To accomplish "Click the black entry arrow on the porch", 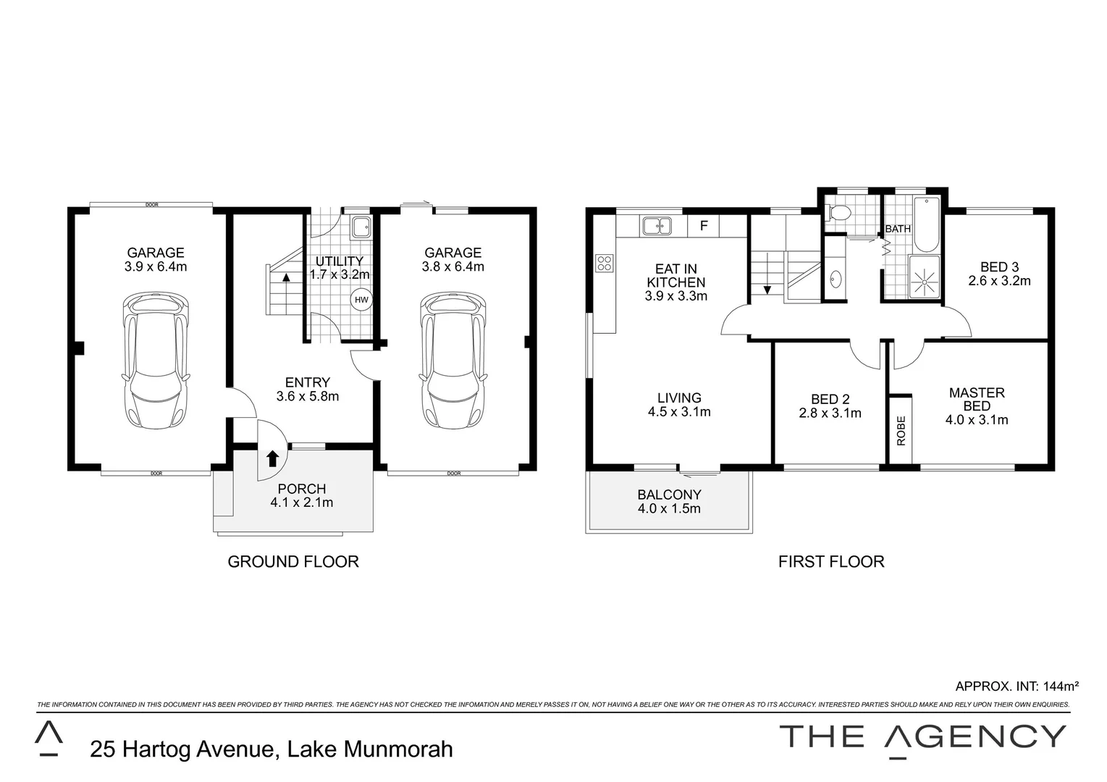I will coord(273,458).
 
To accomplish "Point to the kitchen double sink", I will coord(657,226).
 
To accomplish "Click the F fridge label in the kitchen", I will coord(703,226).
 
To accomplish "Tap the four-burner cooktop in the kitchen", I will coord(604,264).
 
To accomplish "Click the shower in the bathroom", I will coord(923,277).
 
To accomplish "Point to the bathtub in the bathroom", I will coord(926,222).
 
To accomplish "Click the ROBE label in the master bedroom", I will coord(901,430).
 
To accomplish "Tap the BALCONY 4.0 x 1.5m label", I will coord(669,501).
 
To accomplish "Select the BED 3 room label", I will coord(999,267).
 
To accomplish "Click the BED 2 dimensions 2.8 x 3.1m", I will coord(830,413).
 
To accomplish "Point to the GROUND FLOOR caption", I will coord(293,561).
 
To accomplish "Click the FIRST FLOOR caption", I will coord(831,561).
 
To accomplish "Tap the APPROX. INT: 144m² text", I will coord(1016,686).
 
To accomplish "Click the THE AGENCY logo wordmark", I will coord(922,736).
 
